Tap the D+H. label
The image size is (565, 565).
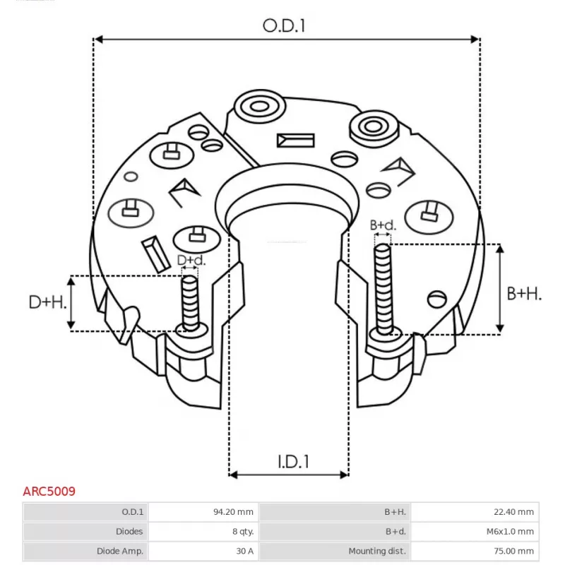point(47,303)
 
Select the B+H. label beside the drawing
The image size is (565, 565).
point(524,294)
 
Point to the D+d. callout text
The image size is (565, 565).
point(191,261)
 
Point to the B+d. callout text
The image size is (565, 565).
point(383,225)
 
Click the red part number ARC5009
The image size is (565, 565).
point(49,490)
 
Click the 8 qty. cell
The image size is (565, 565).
point(242,531)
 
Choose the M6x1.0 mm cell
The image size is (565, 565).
point(511,531)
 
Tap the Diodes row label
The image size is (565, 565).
point(130,531)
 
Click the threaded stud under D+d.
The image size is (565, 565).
point(190,302)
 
